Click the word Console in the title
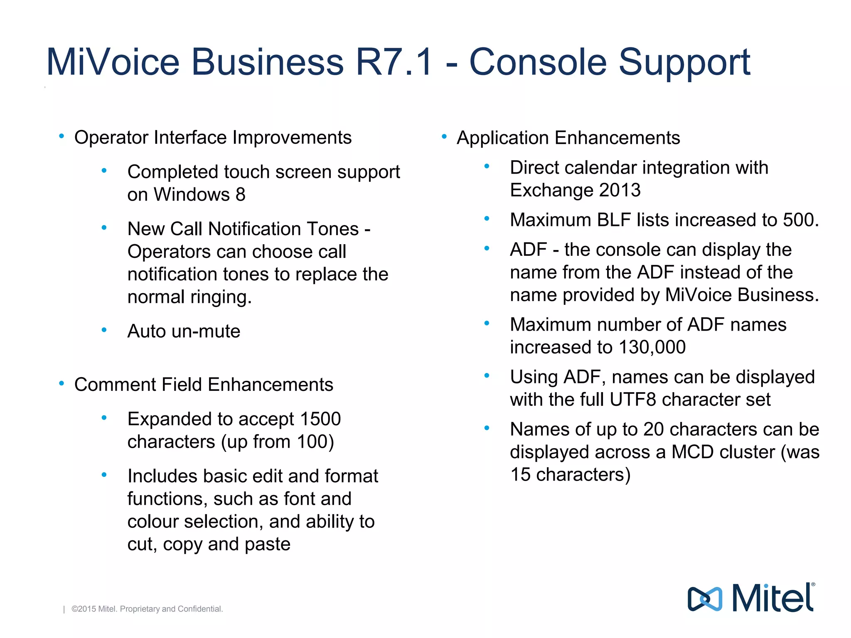[x=538, y=62]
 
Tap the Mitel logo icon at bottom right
[x=705, y=599]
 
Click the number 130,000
[x=652, y=347]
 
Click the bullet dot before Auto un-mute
[x=104, y=330]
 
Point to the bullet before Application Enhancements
[x=444, y=136]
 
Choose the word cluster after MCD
[x=749, y=452]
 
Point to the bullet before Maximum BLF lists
[x=487, y=218]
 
